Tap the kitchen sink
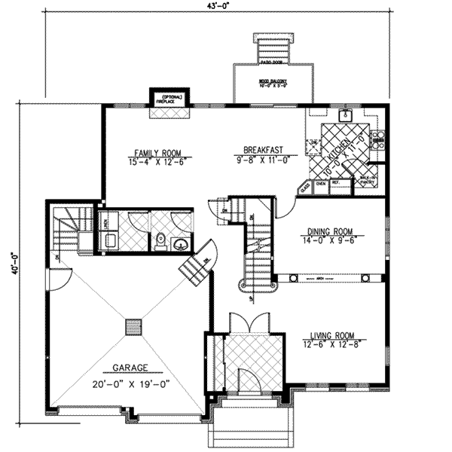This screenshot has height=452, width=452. (346, 116)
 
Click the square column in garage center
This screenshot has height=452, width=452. (133, 326)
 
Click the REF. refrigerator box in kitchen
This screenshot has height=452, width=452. (337, 182)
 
